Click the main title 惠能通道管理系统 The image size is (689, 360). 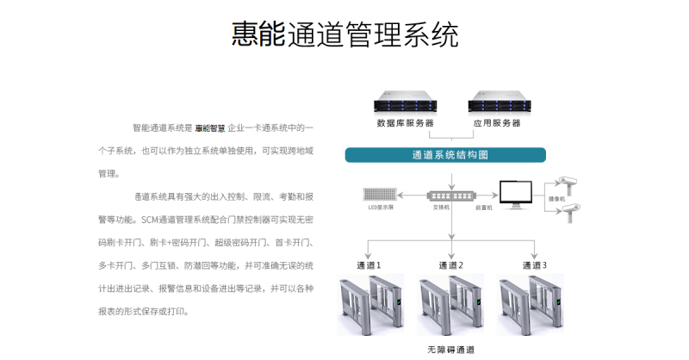(344, 35)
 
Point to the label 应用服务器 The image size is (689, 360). (497, 123)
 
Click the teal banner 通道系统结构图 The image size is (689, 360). (445, 155)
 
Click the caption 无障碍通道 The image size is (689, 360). (450, 351)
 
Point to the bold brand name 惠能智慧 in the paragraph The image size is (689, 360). (209, 127)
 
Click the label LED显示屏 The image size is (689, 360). (380, 208)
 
